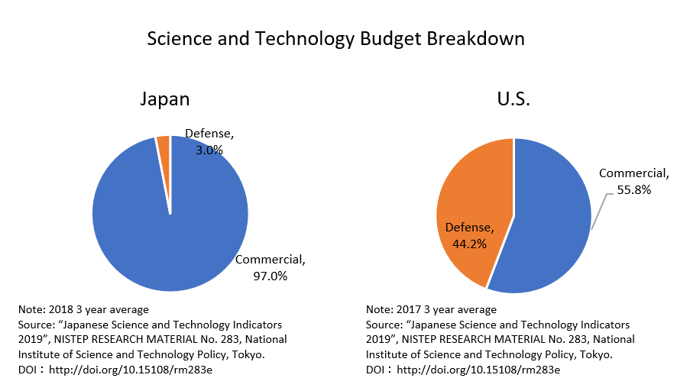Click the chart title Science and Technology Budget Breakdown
tap(335, 39)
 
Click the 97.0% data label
tap(270, 276)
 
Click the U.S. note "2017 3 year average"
tap(431, 309)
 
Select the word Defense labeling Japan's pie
tap(210, 134)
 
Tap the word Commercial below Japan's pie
tap(269, 260)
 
